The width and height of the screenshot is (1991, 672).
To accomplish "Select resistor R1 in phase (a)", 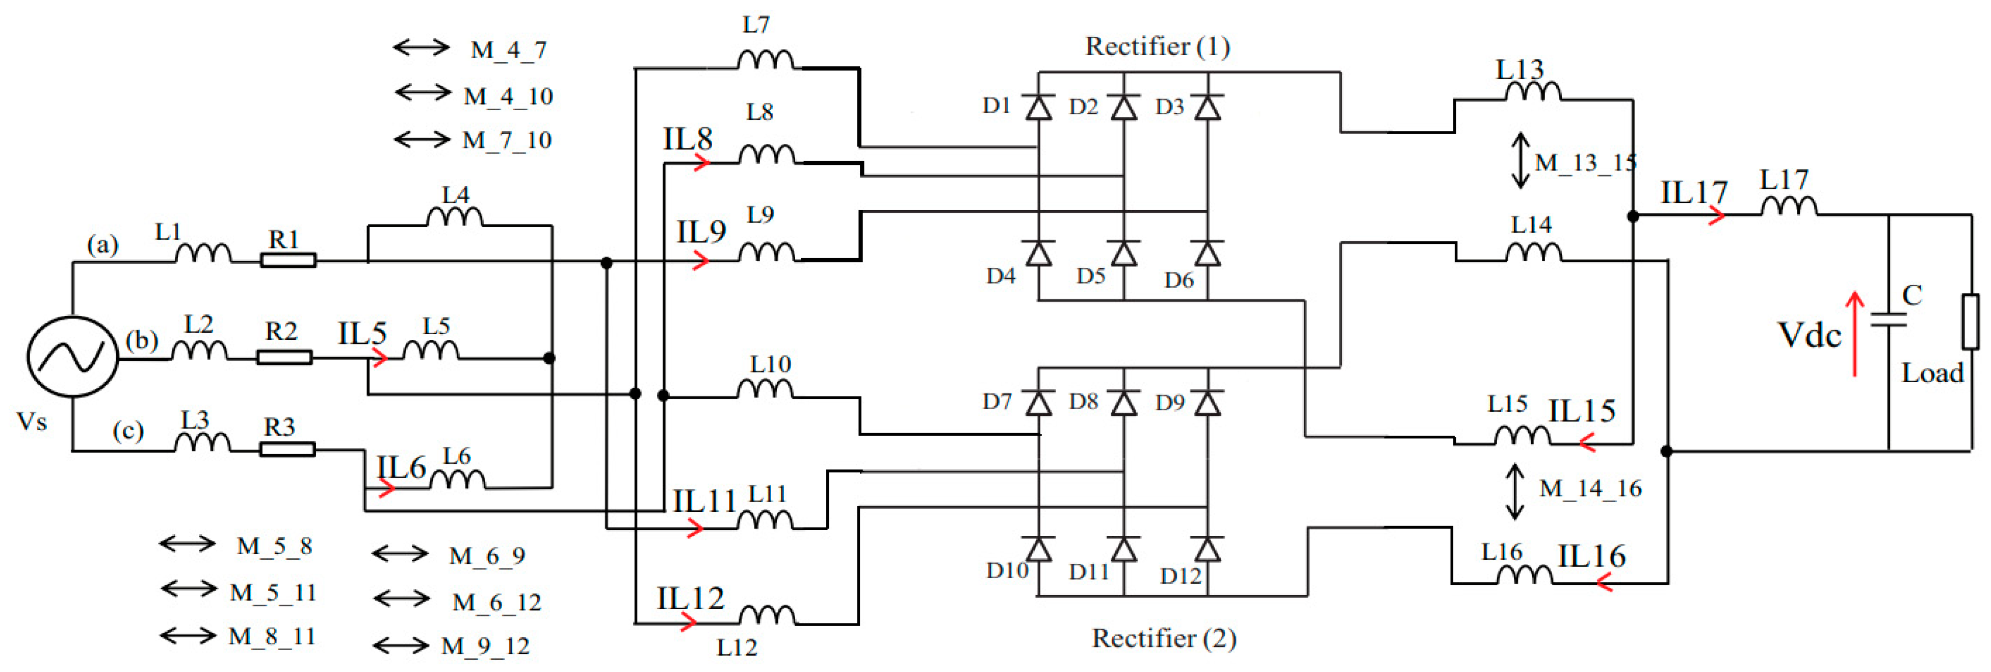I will [x=287, y=261].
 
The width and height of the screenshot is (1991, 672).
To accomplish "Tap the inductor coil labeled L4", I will [x=455, y=217].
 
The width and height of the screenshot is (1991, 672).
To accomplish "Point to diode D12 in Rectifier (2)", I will [x=1207, y=549].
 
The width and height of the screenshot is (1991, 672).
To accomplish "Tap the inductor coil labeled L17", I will [x=1789, y=207].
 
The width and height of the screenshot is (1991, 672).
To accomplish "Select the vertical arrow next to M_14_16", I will [x=1515, y=491].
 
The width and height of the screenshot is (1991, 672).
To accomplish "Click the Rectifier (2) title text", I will [x=1163, y=639].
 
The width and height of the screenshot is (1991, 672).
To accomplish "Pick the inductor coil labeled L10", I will [x=765, y=389].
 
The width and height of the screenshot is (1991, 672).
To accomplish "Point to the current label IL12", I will [x=690, y=599].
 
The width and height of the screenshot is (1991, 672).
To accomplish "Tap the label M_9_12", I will [x=485, y=645].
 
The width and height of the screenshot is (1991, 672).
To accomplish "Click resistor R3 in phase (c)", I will [x=287, y=450].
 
